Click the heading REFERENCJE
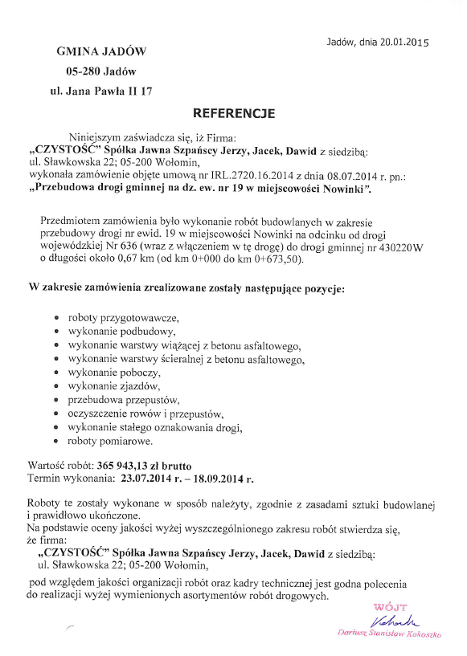coord(234,113)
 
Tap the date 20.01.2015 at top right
coord(405,43)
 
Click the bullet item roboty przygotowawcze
coord(123,318)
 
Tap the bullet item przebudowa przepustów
coord(124,400)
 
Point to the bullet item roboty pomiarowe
coord(110,441)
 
